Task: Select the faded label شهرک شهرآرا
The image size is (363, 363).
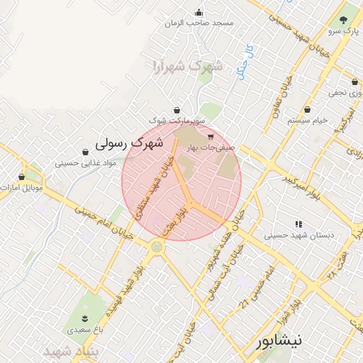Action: pos(187,67)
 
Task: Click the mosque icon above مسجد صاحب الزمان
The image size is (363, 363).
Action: pos(199,12)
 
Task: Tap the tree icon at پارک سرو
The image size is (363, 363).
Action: pos(344,20)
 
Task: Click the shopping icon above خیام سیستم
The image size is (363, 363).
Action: pos(308,110)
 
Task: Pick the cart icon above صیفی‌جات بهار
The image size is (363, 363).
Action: pos(211,136)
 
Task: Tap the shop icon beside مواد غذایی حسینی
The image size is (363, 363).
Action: pos(86,152)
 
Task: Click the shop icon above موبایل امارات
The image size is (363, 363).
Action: pos(22,177)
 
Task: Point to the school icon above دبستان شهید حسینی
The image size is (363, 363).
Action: pos(296,223)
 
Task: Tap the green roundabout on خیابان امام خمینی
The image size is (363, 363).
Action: pos(156,247)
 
